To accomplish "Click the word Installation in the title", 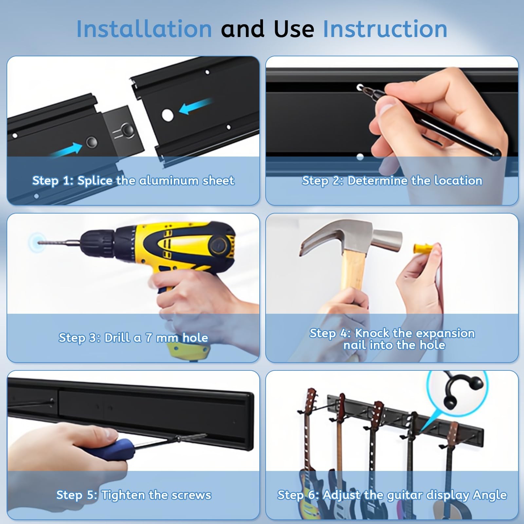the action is [x=144, y=29].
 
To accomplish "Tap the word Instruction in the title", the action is [x=385, y=29].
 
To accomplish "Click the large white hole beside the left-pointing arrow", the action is [x=167, y=114].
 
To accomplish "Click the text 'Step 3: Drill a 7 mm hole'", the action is [x=133, y=338].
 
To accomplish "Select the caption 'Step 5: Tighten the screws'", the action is [x=134, y=495].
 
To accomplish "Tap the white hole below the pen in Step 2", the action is [x=360, y=157].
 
